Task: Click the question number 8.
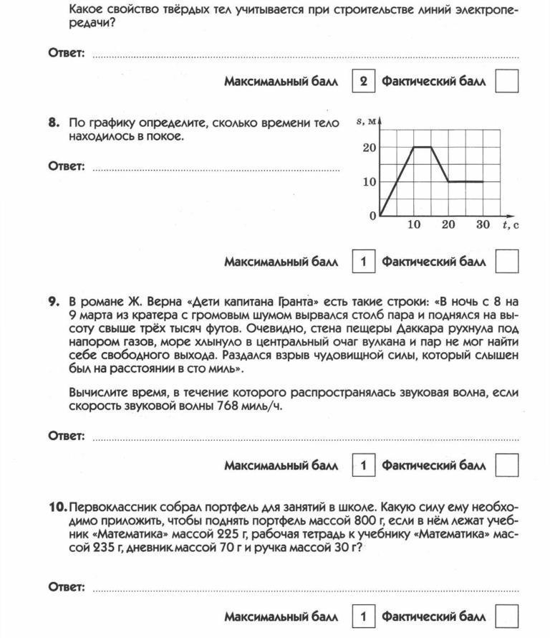point(54,123)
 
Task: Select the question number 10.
point(57,506)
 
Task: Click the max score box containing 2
point(363,82)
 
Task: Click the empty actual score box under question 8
point(507,262)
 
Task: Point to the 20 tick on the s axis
point(368,148)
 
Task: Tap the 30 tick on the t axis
point(483,225)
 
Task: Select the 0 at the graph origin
point(372,216)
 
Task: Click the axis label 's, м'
point(365,122)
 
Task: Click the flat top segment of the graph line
point(423,147)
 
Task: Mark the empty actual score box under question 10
point(507,617)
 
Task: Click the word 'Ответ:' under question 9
point(67,436)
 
